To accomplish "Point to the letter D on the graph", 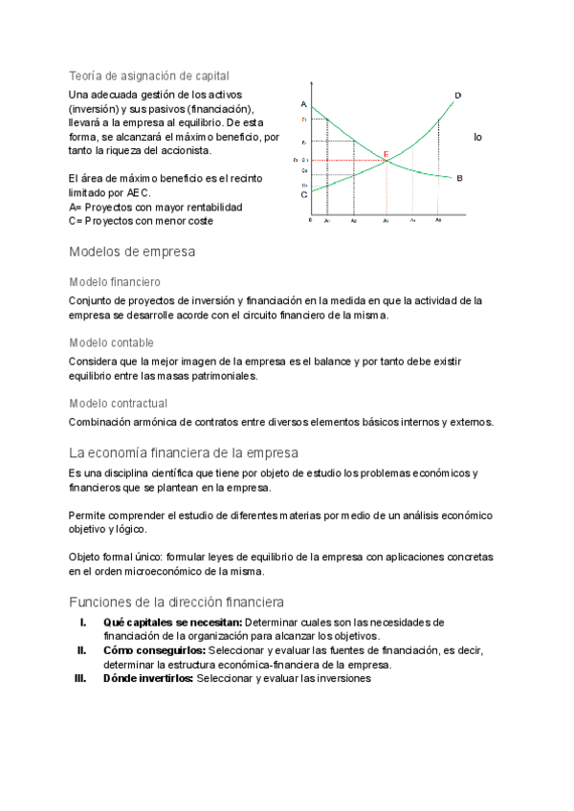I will point(457,95).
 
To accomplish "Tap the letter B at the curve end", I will point(460,178).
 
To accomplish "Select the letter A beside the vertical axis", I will point(302,104).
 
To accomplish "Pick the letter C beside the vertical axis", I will point(303,194).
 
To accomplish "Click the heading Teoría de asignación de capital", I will point(148,75).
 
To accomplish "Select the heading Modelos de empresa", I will point(132,252).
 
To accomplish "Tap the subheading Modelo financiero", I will point(115,282).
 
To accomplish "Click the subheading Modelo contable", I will point(111,342).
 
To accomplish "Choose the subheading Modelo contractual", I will point(118,404).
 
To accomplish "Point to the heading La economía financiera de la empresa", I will point(184,452).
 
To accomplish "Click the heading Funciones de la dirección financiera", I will point(176,603).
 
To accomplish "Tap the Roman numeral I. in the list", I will point(83,623).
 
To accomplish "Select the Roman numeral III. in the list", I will point(80,679).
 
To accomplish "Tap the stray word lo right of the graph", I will point(477,138).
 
